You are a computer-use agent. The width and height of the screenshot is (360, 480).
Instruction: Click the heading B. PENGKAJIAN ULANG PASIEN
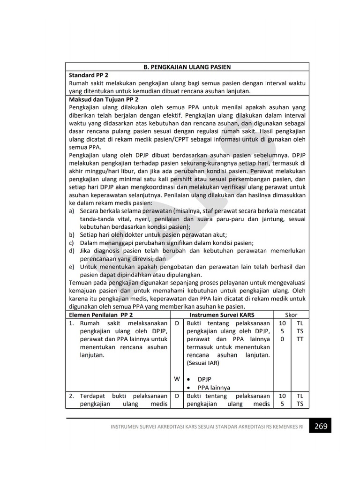point(187,67)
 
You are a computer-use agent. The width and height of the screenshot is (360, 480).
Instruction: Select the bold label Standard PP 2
point(89,75)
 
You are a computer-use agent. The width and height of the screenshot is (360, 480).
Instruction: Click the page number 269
point(320,427)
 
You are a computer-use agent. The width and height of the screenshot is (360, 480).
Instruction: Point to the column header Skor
point(291,314)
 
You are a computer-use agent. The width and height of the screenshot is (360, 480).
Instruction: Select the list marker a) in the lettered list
point(72,211)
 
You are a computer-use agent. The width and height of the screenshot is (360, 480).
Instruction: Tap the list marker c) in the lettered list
point(72,243)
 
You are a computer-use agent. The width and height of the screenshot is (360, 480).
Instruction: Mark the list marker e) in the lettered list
point(72,267)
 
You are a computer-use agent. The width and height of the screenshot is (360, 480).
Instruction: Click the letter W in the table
point(177,379)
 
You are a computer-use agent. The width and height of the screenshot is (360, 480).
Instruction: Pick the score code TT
point(300,339)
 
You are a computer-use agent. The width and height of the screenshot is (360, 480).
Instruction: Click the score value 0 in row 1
point(282,339)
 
